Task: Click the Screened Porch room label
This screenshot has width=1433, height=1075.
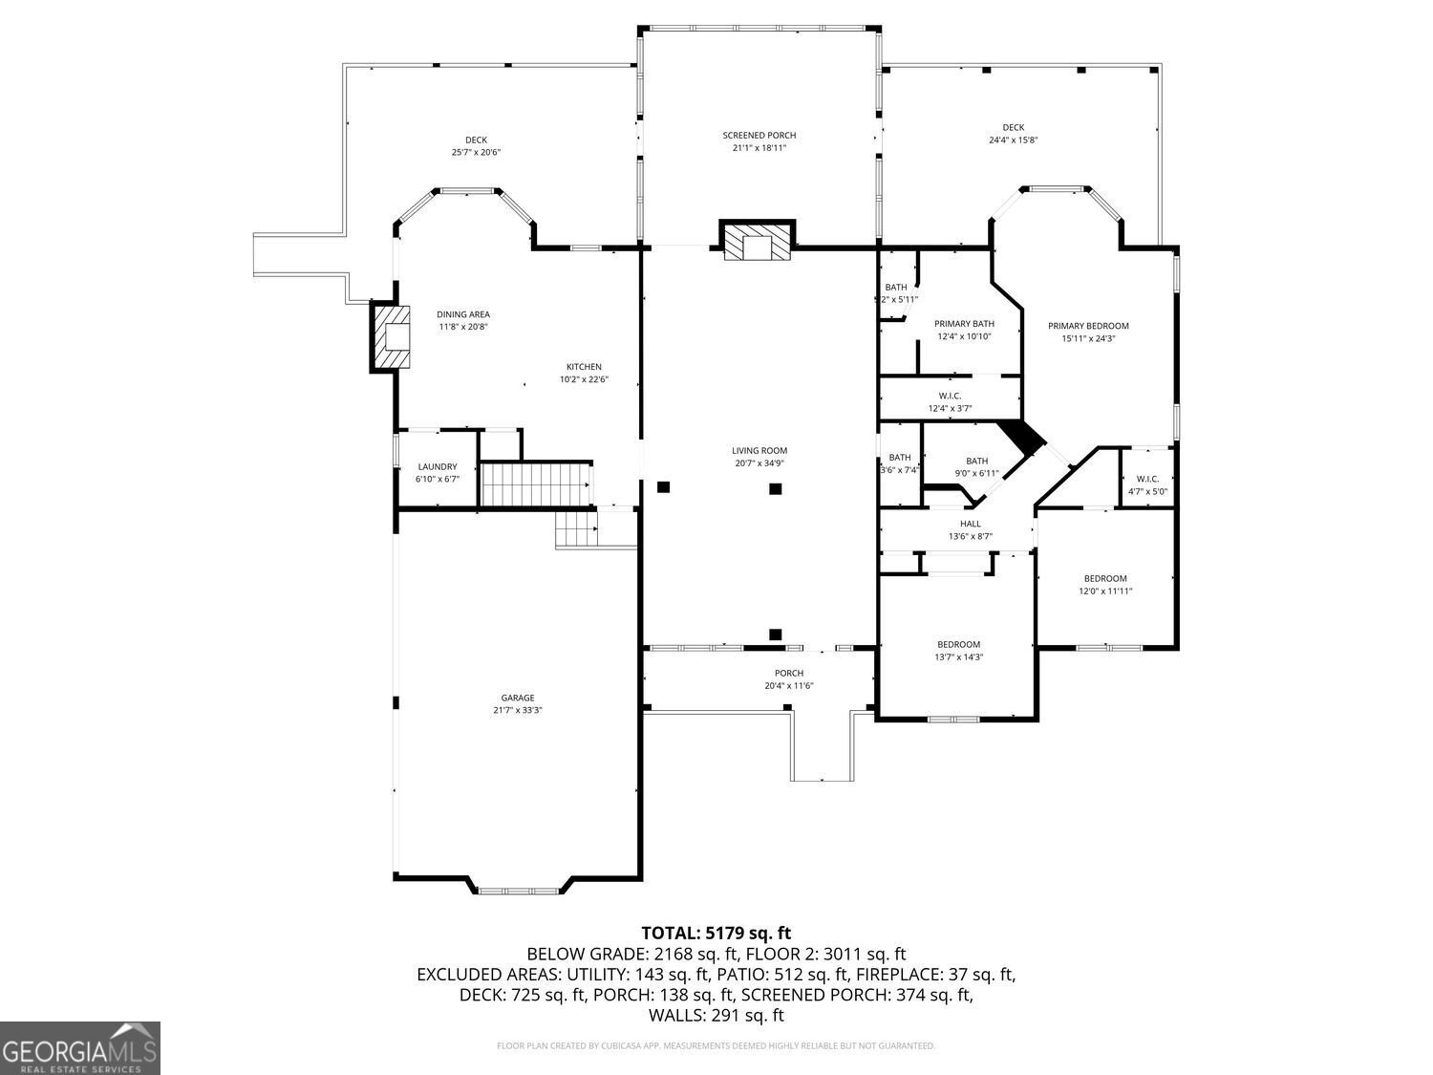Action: coord(759,136)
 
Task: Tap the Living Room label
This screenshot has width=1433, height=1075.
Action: coord(759,451)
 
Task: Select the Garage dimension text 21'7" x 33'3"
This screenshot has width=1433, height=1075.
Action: coord(518,710)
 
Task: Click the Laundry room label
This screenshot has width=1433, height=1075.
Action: coord(437,466)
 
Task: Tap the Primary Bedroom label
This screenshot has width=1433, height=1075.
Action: coord(1088,326)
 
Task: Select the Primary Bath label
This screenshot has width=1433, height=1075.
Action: coord(964,324)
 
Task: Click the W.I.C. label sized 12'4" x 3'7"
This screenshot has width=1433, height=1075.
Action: coord(950,396)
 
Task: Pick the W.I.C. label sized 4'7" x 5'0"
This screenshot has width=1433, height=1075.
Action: coord(1147,480)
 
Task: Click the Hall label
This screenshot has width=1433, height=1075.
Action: coord(970,524)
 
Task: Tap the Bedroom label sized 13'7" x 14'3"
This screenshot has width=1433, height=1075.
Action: coord(958,644)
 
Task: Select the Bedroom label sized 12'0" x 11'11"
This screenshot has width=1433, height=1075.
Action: coord(1105,578)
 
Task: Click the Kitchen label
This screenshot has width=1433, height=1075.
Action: coord(584,367)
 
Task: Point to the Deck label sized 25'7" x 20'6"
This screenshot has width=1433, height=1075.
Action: coord(476,140)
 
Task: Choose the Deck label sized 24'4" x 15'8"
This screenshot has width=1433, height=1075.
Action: coord(1013,128)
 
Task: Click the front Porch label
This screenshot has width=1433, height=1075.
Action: coord(789,673)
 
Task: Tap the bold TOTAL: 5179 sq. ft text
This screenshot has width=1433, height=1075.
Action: coord(716,933)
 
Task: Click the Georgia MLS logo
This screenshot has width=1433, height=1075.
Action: coord(79,1048)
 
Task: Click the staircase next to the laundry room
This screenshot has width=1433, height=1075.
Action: coord(535,484)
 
